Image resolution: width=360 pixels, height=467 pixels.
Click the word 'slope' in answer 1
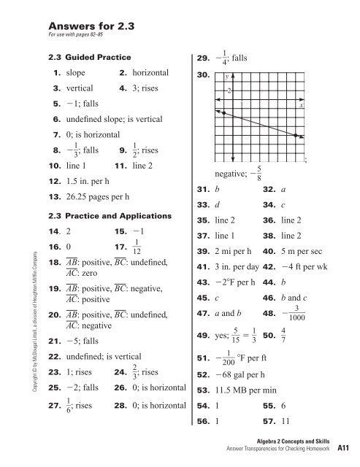(76, 74)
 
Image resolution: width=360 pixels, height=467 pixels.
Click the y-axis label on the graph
(227, 76)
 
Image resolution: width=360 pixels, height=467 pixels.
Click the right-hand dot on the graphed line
(296, 136)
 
